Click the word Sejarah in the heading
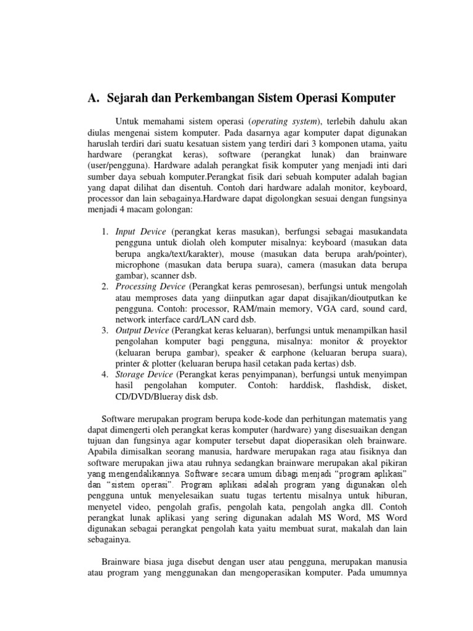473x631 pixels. pos(131,98)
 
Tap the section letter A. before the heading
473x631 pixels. pos(94,98)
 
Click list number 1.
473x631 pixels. pos(104,231)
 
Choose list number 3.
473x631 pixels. pos(104,331)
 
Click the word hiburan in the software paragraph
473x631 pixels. pos(389,496)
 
